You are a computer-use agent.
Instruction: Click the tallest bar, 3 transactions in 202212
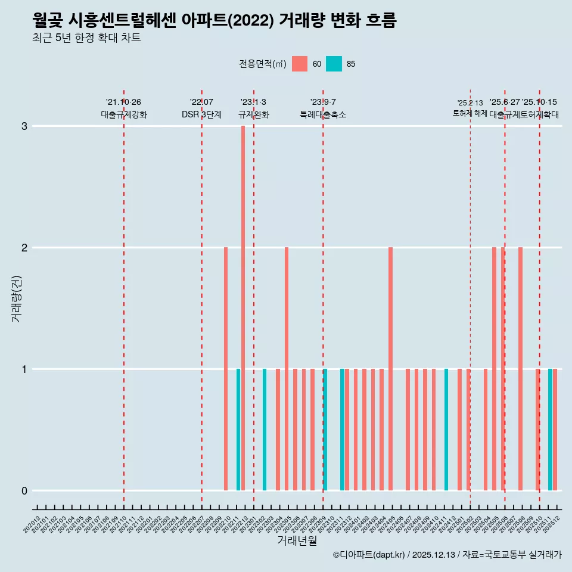tap(243, 308)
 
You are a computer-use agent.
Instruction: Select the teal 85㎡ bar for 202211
tap(238, 430)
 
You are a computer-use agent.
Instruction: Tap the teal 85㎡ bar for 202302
tap(265, 430)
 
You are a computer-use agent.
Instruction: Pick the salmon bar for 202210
tap(226, 369)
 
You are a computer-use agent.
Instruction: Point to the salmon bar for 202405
tap(390, 369)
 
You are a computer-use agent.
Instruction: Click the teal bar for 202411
tap(446, 430)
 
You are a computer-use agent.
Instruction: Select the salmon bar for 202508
tap(520, 369)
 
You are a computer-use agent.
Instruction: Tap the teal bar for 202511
tap(550, 430)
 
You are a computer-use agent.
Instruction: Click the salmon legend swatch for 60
tap(300, 64)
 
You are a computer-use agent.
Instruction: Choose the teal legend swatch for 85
tap(334, 64)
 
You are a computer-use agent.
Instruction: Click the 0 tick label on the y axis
tap(24, 491)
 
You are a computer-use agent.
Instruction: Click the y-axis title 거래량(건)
tap(16, 298)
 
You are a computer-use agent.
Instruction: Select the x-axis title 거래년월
tap(297, 540)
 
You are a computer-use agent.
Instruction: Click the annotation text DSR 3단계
tap(201, 114)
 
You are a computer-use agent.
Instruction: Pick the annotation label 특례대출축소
tap(322, 114)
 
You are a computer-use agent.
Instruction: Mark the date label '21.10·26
tap(123, 102)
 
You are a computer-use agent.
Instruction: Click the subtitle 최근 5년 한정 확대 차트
tap(86, 38)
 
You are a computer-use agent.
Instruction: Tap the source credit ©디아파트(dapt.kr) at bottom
tap(369, 555)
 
